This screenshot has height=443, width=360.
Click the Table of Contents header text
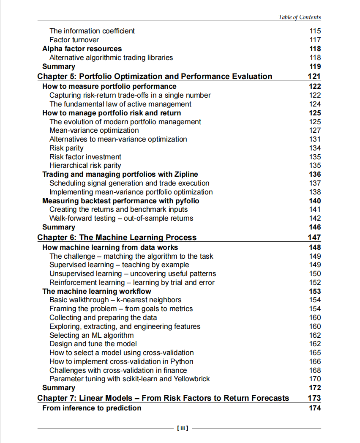(x=299, y=17)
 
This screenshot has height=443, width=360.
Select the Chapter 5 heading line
(x=155, y=77)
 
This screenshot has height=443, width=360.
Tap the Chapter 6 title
(x=117, y=238)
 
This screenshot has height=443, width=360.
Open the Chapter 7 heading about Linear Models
(x=163, y=398)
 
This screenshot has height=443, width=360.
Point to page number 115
(x=315, y=31)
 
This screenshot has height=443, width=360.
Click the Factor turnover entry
(x=74, y=40)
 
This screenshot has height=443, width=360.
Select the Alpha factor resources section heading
(x=82, y=49)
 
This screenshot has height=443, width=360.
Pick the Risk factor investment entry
(x=85, y=157)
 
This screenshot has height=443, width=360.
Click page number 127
(x=315, y=130)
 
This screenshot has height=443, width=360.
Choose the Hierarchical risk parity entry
(x=85, y=166)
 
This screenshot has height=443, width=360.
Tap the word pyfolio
(x=185, y=201)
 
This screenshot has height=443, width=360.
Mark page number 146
(x=315, y=227)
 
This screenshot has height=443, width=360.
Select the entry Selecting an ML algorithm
(x=91, y=335)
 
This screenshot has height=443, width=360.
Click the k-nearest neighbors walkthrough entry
(x=115, y=300)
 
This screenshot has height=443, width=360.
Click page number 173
(x=314, y=398)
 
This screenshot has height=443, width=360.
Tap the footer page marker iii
(x=182, y=428)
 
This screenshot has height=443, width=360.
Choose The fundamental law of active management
(x=120, y=104)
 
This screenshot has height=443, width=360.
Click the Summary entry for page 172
(x=59, y=388)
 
